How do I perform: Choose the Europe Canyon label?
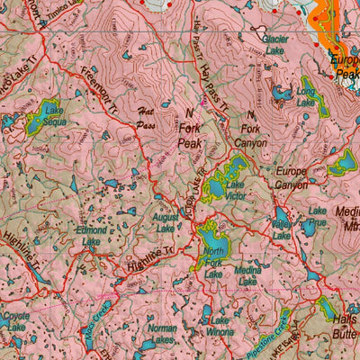coord(292,177)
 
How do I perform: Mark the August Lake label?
coord(166,223)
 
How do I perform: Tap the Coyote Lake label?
coord(15,322)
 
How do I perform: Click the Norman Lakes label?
coord(162,335)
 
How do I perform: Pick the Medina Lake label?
coord(247,275)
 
